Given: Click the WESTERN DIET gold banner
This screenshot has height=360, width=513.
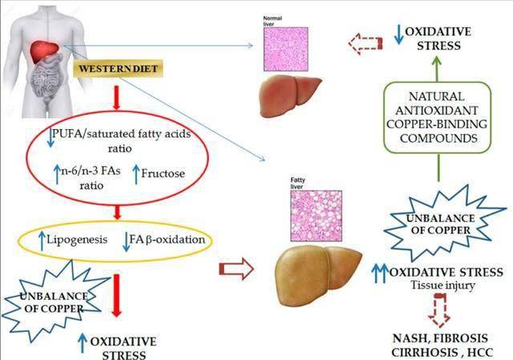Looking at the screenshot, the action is (x=118, y=68).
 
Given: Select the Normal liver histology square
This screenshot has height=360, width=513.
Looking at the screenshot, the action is (x=286, y=50).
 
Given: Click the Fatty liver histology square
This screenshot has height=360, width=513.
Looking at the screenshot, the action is (x=316, y=216).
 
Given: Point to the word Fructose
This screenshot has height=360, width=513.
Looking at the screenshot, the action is (x=163, y=173).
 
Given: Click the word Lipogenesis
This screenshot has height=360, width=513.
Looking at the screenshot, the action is (x=77, y=239).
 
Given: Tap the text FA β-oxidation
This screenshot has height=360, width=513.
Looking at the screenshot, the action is (x=168, y=239).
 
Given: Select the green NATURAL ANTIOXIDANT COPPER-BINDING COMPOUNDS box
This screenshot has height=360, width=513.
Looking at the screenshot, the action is (x=438, y=118).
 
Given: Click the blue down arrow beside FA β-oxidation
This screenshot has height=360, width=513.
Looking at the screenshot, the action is (x=126, y=242).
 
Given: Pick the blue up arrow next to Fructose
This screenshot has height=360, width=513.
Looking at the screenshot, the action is (x=136, y=175).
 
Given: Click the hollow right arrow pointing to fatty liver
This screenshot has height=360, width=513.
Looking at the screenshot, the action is (x=236, y=269).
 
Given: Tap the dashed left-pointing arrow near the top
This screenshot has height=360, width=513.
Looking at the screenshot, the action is (x=366, y=43).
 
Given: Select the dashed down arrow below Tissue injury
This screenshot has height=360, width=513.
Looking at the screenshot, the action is (x=439, y=310).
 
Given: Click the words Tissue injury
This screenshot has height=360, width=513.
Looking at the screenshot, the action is (x=442, y=285).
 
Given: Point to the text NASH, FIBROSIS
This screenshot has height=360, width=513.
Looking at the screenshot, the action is (x=440, y=338).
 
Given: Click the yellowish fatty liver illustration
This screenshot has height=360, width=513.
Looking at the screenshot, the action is (x=317, y=275).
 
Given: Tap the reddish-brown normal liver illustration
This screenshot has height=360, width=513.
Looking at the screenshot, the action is (x=290, y=95).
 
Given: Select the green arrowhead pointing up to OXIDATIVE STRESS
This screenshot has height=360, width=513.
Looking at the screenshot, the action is (x=438, y=61).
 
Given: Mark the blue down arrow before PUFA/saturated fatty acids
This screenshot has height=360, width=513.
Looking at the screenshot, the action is (x=50, y=138).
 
